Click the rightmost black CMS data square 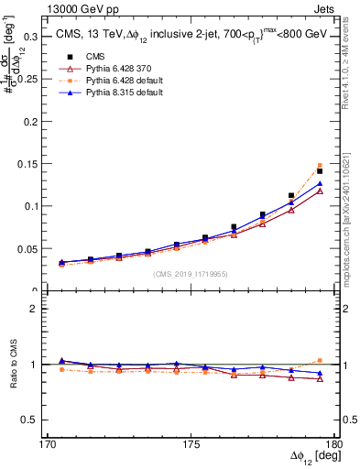[x=320, y=171]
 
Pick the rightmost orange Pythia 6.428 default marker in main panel [x=320, y=166]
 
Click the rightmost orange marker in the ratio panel [x=320, y=360]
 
